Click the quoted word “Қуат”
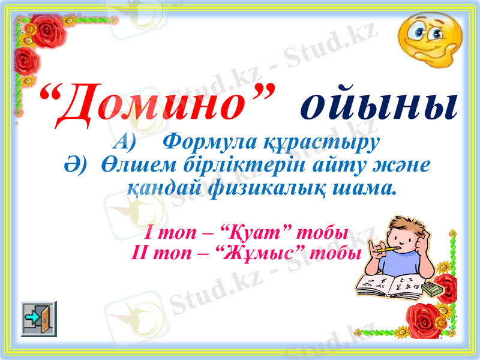tap(259, 232)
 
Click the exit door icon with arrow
tap(39, 319)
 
